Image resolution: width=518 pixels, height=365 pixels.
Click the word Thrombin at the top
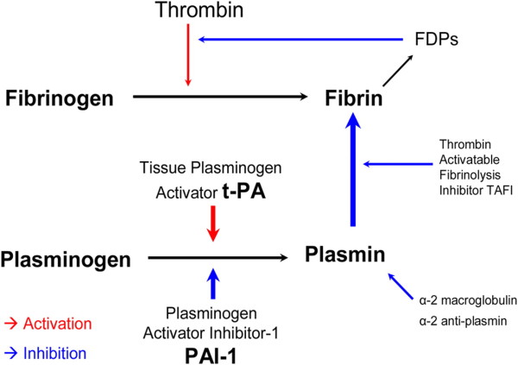(x=187, y=11)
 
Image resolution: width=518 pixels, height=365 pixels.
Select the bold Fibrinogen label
(x=56, y=98)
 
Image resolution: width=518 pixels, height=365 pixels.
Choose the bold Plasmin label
(x=343, y=255)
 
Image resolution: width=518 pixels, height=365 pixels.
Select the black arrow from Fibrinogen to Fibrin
(x=216, y=98)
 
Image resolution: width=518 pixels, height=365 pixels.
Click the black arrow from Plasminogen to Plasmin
(x=216, y=257)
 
